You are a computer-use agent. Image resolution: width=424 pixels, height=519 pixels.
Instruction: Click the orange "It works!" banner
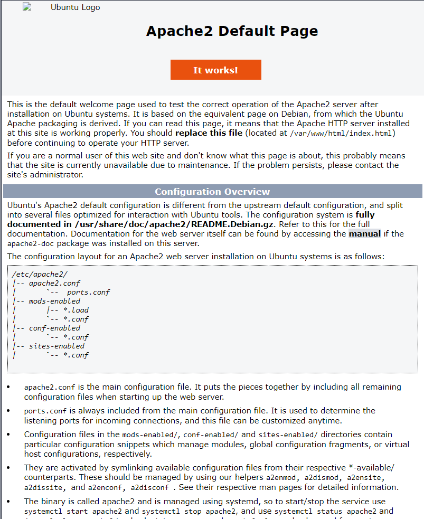(215, 70)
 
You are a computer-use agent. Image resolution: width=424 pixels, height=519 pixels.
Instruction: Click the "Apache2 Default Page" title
(232, 31)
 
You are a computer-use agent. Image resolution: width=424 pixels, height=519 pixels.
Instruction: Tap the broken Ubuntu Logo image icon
(27, 7)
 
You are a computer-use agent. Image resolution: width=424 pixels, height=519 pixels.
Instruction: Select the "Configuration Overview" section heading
(212, 192)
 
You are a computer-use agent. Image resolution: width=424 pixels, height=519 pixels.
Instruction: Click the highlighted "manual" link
(364, 233)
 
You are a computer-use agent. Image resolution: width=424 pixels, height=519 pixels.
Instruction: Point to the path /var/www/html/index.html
(342, 133)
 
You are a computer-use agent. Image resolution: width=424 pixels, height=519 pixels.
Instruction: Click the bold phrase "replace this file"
(209, 133)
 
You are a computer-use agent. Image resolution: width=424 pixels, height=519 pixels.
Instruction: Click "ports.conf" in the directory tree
(88, 292)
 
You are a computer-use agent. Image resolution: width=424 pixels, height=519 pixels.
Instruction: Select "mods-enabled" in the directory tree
(54, 301)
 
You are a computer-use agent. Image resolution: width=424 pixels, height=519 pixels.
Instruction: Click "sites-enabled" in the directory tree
(56, 346)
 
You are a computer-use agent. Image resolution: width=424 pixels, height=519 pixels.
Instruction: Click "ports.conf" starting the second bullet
(44, 411)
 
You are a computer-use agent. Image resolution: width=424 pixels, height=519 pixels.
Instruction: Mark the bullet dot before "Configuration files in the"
(8, 435)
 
